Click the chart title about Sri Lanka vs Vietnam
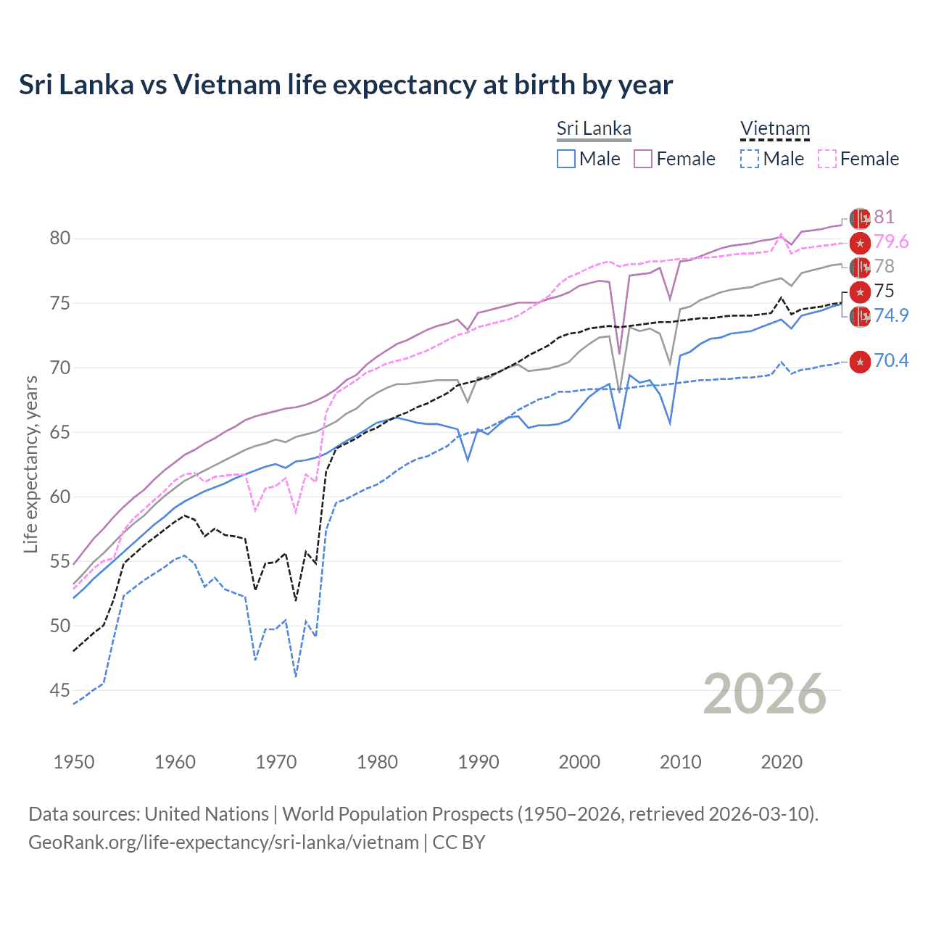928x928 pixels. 346,85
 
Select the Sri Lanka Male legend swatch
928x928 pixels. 566,159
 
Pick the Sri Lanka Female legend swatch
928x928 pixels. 643,159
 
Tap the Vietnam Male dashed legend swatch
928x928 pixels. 750,159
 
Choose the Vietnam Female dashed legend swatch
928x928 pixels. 827,159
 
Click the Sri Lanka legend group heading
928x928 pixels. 594,129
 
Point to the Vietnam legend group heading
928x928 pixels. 774,129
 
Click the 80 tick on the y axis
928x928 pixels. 60,239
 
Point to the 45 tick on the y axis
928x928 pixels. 60,691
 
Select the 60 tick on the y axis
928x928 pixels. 60,497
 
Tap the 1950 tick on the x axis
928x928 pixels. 74,762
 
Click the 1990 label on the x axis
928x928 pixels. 478,762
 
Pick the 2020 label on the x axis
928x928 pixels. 782,762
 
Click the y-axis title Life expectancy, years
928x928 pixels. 30,465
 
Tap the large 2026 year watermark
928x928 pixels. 764,694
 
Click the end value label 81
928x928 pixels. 884,217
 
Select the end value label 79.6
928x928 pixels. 891,242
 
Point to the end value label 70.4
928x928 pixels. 891,361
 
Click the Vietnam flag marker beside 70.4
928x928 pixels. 860,362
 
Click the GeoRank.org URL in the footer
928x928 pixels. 223,842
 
